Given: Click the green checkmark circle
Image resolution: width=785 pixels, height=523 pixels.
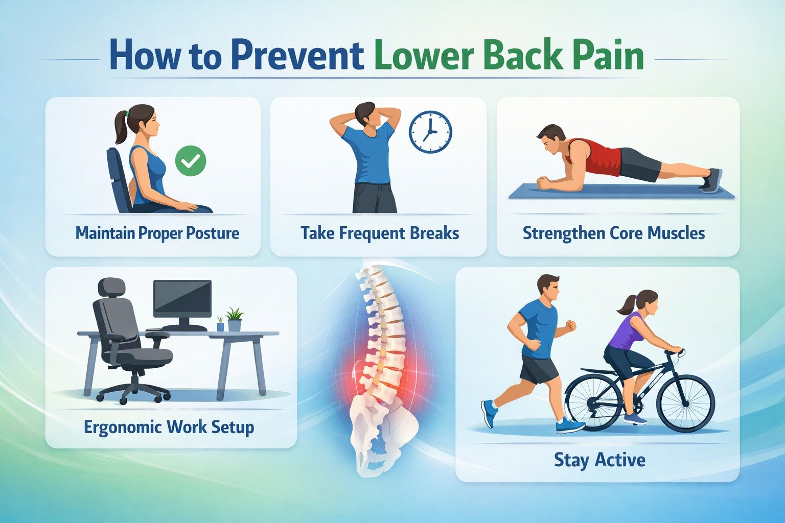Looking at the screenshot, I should (191, 161).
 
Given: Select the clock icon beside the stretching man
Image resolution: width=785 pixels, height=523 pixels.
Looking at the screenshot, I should (430, 132).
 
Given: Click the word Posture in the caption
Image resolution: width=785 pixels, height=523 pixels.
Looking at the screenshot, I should (213, 233).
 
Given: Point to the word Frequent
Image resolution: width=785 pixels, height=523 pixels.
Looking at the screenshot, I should (372, 233).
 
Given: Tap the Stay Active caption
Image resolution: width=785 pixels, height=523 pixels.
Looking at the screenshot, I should (599, 460).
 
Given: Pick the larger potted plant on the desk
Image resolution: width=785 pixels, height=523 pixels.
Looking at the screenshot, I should (234, 320).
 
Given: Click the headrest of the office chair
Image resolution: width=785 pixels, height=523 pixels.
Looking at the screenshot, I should (111, 286).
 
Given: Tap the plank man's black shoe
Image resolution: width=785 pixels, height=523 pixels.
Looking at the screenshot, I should (712, 180).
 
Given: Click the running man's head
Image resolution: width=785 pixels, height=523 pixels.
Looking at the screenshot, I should (548, 289).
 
